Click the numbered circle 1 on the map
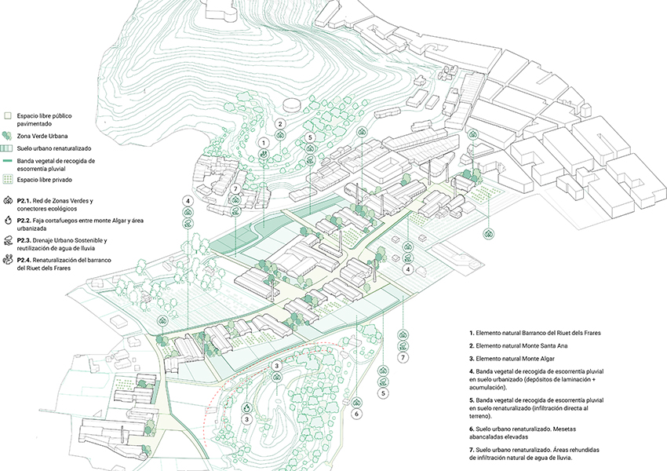pyautogui.click(x=264, y=143)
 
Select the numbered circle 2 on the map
pyautogui.click(x=280, y=124)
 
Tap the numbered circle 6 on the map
pyautogui.click(x=357, y=414)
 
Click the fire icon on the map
pyautogui.click(x=246, y=408)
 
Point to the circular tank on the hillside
pyautogui.click(x=291, y=104)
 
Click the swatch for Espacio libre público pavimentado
pyautogui.click(x=7, y=115)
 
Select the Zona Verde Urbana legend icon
pyautogui.click(x=7, y=136)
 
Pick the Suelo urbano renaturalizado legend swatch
pyautogui.click(x=7, y=148)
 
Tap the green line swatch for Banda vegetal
pyautogui.click(x=7, y=161)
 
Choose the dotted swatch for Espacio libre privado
pyautogui.click(x=7, y=180)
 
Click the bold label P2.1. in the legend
pyautogui.click(x=24, y=201)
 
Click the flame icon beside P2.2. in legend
pyautogui.click(x=8, y=221)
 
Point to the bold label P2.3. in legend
pyautogui.click(x=24, y=240)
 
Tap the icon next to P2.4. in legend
pyautogui.click(x=8, y=260)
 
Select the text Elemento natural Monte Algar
pyautogui.click(x=515, y=359)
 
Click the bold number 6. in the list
pyautogui.click(x=472, y=429)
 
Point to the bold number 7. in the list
pyautogui.click(x=472, y=450)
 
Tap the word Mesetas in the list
pyautogui.click(x=564, y=429)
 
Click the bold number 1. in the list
pyautogui.click(x=472, y=333)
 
